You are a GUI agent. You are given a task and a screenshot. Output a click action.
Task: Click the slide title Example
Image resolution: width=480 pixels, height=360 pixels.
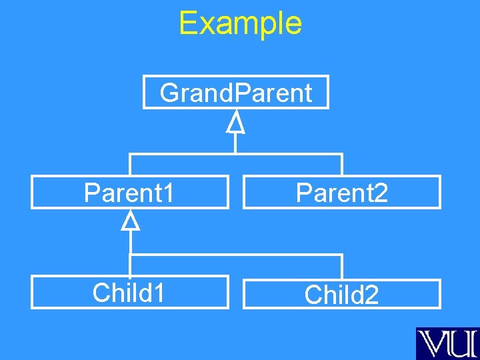[240, 23]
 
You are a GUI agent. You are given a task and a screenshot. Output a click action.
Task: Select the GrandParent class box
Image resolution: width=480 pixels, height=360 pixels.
[236, 92]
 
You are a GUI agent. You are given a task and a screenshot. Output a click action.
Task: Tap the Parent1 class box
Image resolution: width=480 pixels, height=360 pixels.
[130, 192]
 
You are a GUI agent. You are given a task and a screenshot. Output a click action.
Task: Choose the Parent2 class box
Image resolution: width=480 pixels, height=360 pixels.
[341, 192]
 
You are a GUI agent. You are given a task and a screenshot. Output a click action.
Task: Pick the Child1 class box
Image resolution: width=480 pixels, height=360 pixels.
[130, 293]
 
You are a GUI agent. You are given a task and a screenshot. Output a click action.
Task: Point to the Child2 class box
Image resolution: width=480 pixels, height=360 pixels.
[341, 294]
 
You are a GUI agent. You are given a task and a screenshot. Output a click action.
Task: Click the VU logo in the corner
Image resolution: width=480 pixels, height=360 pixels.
[447, 343]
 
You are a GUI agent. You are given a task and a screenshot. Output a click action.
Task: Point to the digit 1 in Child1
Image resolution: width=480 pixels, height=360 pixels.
[159, 293]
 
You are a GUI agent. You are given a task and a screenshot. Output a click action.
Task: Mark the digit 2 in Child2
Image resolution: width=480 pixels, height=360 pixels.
[371, 295]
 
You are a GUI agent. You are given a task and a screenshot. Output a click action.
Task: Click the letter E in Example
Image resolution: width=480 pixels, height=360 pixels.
[189, 23]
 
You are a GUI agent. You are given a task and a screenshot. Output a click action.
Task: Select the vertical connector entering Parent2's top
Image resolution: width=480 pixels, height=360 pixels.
[342, 165]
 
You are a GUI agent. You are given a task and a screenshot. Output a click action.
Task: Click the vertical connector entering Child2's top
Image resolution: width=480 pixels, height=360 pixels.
[342, 267]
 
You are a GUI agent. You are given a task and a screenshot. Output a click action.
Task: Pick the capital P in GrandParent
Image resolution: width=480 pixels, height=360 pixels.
[243, 93]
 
